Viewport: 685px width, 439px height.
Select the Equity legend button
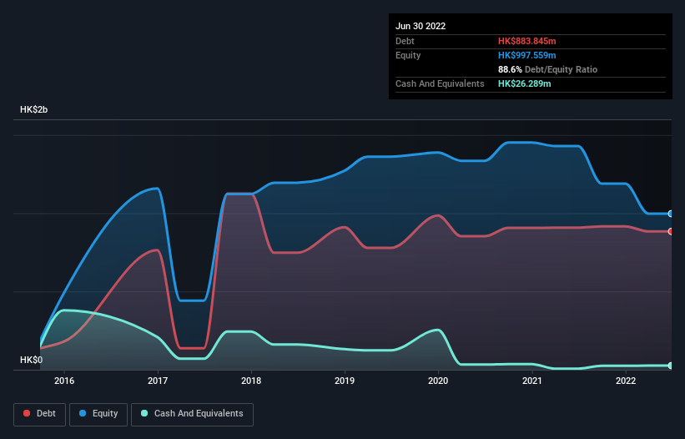[x=99, y=413]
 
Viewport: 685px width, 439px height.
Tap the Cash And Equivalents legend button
[x=192, y=413]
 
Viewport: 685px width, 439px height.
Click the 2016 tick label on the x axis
[x=64, y=381]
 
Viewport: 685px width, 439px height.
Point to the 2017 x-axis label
[x=158, y=381]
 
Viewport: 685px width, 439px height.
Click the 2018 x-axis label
[x=252, y=381]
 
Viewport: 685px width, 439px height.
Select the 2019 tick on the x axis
[x=345, y=381]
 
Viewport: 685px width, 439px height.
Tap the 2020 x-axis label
[x=439, y=381]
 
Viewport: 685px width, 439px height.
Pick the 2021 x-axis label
[x=532, y=381]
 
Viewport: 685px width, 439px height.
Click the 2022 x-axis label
[x=626, y=381]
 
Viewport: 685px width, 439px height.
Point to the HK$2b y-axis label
[x=35, y=110]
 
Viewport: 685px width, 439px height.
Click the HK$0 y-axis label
[x=31, y=360]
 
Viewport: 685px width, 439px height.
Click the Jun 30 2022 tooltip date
[x=421, y=26]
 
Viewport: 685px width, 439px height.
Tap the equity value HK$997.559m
[x=526, y=55]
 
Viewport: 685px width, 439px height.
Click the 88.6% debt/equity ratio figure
[x=510, y=69]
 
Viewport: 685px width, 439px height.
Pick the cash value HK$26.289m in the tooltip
[x=524, y=83]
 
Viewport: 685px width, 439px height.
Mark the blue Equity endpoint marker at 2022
[x=670, y=214]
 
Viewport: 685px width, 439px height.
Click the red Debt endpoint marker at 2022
[x=670, y=231]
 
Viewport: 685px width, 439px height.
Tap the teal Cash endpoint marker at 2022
[x=670, y=366]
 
